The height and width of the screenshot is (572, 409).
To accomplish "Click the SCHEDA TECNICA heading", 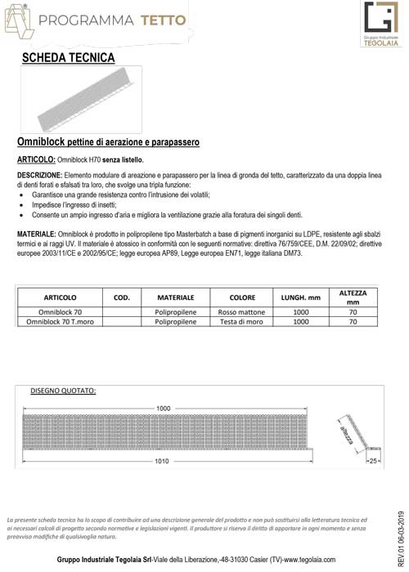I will point(69,58).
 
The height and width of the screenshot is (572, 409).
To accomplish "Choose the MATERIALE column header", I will point(174,298).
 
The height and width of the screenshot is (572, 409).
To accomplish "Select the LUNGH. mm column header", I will point(300,298).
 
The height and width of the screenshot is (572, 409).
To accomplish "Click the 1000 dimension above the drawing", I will point(164,407).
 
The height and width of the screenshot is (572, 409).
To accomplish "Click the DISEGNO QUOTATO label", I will point(63,390).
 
